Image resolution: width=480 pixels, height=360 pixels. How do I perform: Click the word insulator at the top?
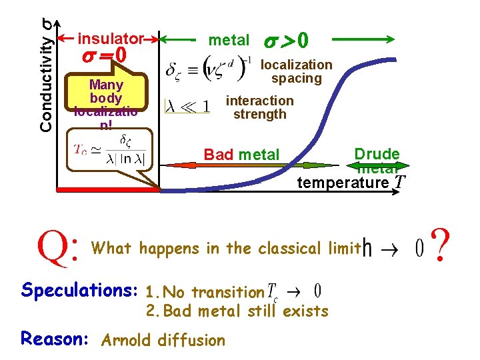point(111,39)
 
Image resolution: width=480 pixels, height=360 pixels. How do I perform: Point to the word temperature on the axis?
point(343,183)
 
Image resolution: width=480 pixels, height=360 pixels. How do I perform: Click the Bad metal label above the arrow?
point(241,155)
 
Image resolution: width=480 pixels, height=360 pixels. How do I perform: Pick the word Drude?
point(377,153)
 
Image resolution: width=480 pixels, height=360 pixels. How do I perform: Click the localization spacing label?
point(296,71)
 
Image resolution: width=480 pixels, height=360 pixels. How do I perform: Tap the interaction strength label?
point(259,107)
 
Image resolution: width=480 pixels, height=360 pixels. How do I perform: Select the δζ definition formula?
point(209,69)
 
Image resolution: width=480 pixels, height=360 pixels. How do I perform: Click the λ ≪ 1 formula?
point(189,106)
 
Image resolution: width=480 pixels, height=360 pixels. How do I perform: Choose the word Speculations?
point(79,291)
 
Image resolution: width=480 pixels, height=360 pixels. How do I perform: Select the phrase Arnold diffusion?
point(163,340)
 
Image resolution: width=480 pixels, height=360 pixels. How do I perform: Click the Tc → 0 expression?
point(294,291)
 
